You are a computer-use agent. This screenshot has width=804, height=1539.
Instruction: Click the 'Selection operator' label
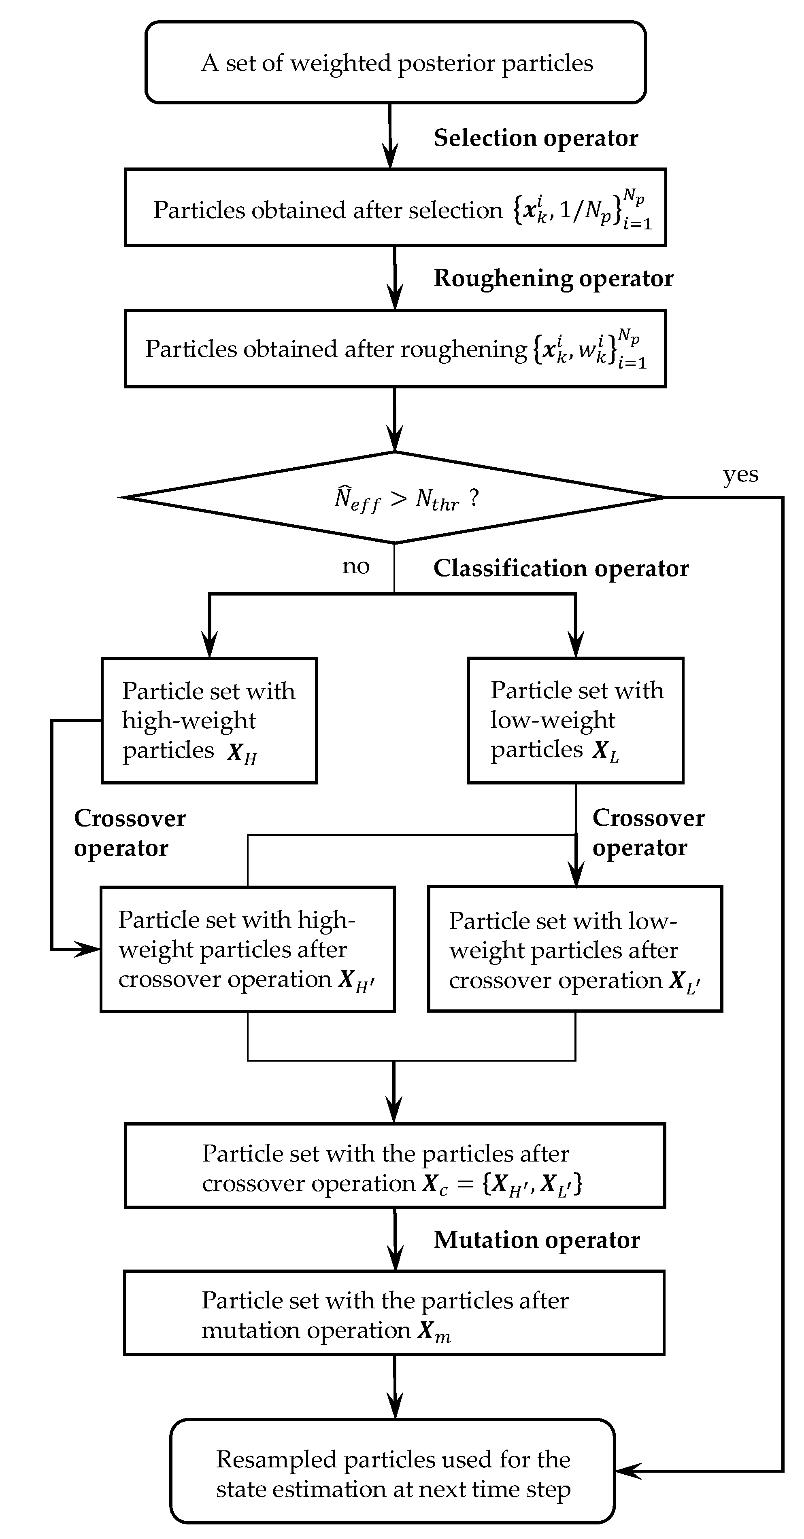536,138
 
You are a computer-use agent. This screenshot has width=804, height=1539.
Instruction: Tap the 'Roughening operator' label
553,278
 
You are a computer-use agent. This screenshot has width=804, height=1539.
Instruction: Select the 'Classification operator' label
561,568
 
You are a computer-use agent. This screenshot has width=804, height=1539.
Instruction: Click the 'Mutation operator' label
536,1240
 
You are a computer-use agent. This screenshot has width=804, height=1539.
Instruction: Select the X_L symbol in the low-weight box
604,752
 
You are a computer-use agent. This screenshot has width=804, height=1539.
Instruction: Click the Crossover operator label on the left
129,833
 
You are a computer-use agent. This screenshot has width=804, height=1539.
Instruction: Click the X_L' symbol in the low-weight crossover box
684,981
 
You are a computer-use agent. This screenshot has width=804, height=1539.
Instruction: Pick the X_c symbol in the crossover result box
434,1184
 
